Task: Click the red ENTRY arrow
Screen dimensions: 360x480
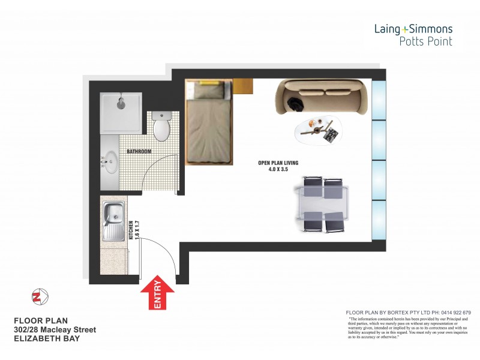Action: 157,295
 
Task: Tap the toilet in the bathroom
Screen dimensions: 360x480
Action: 161,127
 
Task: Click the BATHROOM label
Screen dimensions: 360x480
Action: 139,152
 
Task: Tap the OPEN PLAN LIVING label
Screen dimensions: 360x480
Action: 278,163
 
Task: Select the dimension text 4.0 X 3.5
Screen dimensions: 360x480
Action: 278,170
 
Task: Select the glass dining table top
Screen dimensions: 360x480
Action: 323,205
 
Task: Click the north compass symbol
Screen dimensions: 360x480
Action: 40,296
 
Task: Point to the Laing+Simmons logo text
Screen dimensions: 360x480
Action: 413,28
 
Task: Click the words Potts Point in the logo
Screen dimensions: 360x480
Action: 426,41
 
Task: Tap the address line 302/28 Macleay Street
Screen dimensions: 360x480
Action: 55,330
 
